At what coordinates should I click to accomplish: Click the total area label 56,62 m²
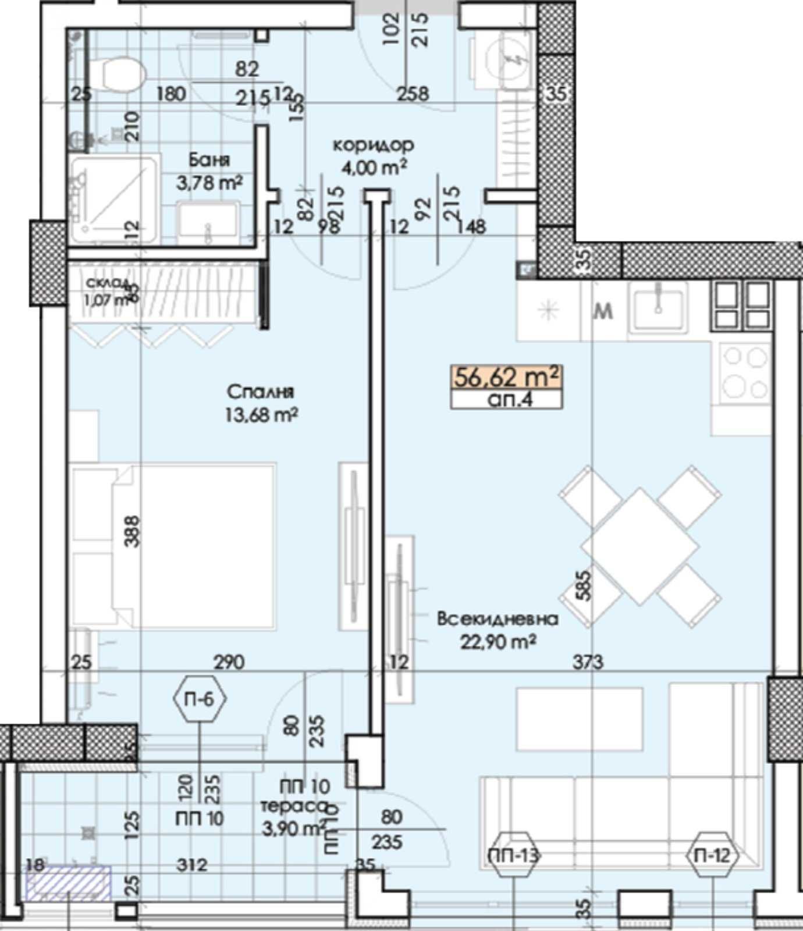[507, 377]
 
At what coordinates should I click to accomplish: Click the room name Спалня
[260, 392]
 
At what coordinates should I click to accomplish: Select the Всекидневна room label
[498, 619]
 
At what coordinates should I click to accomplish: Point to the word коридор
[373, 144]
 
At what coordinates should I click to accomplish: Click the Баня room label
[209, 159]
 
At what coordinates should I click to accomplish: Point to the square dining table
[640, 546]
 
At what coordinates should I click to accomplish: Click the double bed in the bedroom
[175, 546]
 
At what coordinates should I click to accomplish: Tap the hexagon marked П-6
[199, 698]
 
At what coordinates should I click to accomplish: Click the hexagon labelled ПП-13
[514, 855]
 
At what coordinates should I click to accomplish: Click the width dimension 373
[588, 662]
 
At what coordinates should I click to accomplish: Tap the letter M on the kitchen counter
[604, 312]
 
